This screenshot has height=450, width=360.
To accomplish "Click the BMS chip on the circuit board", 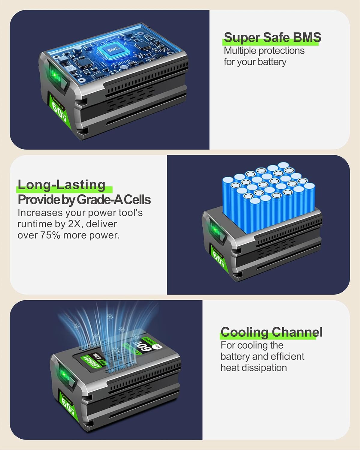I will point(113,49).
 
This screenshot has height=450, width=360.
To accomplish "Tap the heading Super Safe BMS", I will point(272,37).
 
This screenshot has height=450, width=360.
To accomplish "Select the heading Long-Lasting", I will point(62,185).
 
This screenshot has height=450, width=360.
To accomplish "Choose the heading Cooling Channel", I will point(271,332).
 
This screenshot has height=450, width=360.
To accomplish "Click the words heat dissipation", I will point(253,367).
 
